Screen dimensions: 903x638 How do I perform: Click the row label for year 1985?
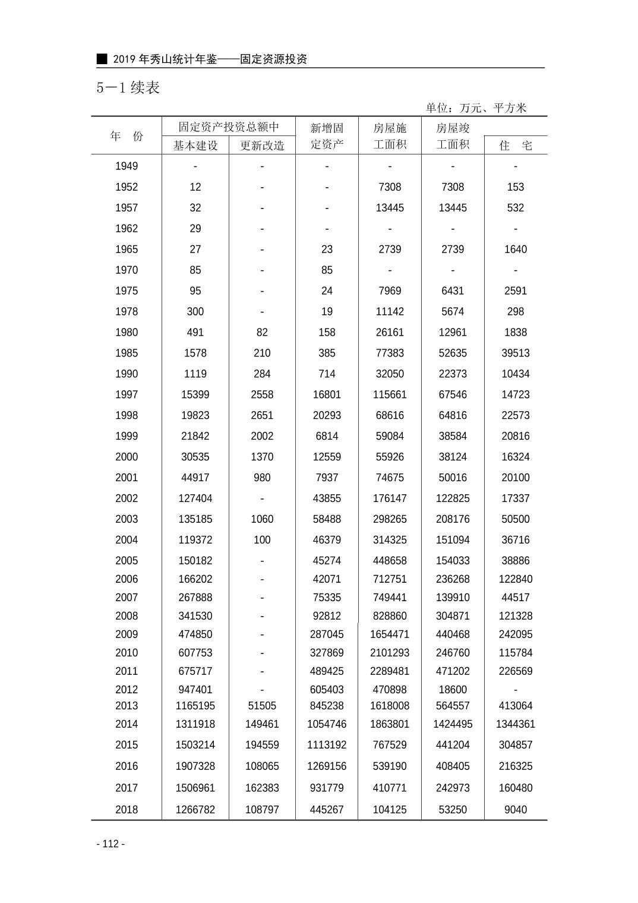coord(127,353)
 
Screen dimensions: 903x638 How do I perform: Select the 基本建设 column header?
coord(195,146)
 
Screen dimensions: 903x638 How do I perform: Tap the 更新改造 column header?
coord(262,146)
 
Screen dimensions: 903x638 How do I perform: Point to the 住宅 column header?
coord(516,146)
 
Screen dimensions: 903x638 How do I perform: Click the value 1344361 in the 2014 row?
coord(516,724)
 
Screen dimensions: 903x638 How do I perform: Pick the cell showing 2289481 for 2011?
coord(390,671)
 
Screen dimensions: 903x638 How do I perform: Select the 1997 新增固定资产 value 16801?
coord(327,394)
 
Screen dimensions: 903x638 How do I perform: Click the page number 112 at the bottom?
coord(110,844)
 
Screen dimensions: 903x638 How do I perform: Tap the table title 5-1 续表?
coord(128,88)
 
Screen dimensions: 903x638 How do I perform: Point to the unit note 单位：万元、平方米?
coord(476,108)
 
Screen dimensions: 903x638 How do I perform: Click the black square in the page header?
coord(102,59)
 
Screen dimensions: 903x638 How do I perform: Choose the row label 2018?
coord(127,810)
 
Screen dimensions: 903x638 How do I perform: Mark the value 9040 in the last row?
coord(516,810)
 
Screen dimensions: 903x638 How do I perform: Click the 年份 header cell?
coord(127,136)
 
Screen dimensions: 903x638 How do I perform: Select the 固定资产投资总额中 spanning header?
coord(229,127)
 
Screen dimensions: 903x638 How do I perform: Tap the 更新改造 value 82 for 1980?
coord(262,332)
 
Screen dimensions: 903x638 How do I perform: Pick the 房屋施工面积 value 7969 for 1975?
coord(390,291)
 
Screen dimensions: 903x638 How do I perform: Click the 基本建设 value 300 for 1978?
coord(195,311)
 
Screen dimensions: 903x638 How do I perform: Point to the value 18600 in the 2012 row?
coord(453,690)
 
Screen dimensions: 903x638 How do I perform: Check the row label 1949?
coord(127,166)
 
